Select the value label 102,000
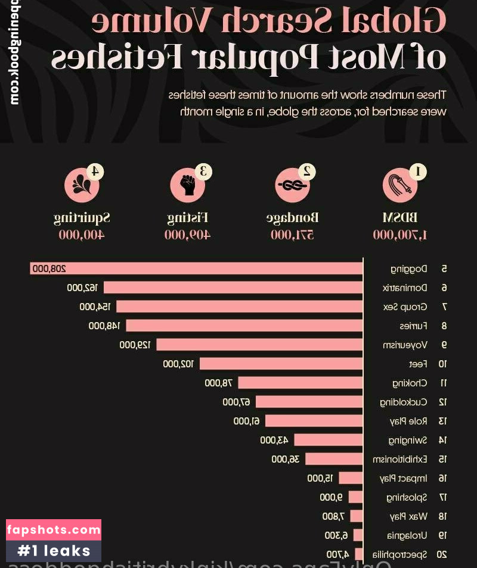179,364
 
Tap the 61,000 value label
246,421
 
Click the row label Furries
413,326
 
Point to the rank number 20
442,554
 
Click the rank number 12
442,402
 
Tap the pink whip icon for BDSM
399,185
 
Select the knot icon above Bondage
292,185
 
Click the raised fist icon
187,185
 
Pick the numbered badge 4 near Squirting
95,171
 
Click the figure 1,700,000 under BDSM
400,235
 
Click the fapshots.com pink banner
54,529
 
